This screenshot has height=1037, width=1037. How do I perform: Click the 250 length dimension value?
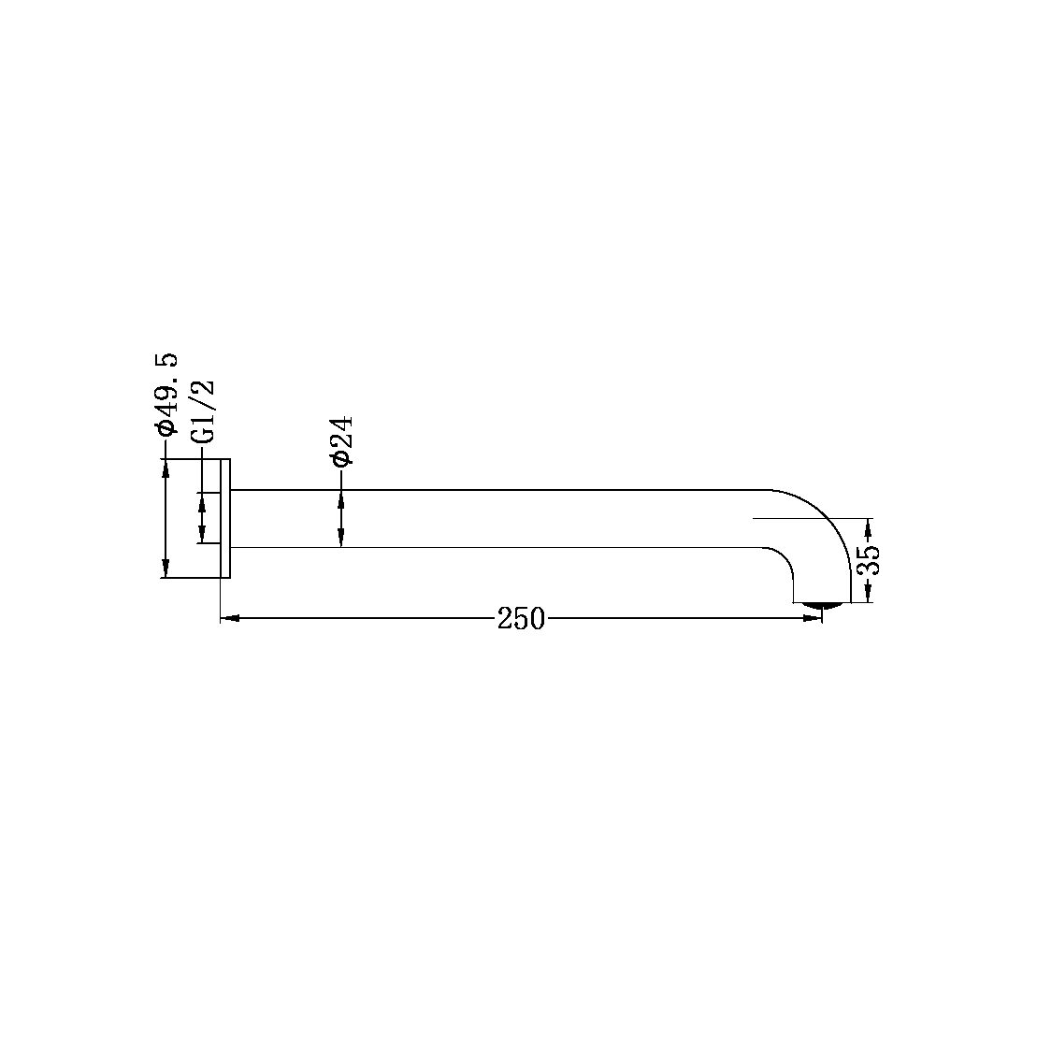521,619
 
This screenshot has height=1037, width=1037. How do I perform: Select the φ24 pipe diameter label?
340,441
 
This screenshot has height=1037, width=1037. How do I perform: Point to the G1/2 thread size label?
202,410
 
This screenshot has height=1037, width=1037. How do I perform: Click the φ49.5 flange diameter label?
166,395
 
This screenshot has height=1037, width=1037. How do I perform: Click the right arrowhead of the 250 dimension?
813,618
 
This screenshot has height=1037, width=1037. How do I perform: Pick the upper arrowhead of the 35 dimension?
870,527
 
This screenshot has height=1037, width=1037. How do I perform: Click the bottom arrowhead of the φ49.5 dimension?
166,569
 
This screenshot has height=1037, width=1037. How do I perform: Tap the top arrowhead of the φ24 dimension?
340,498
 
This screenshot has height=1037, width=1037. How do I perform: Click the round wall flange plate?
224,519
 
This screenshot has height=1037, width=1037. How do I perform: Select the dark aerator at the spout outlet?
822,606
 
